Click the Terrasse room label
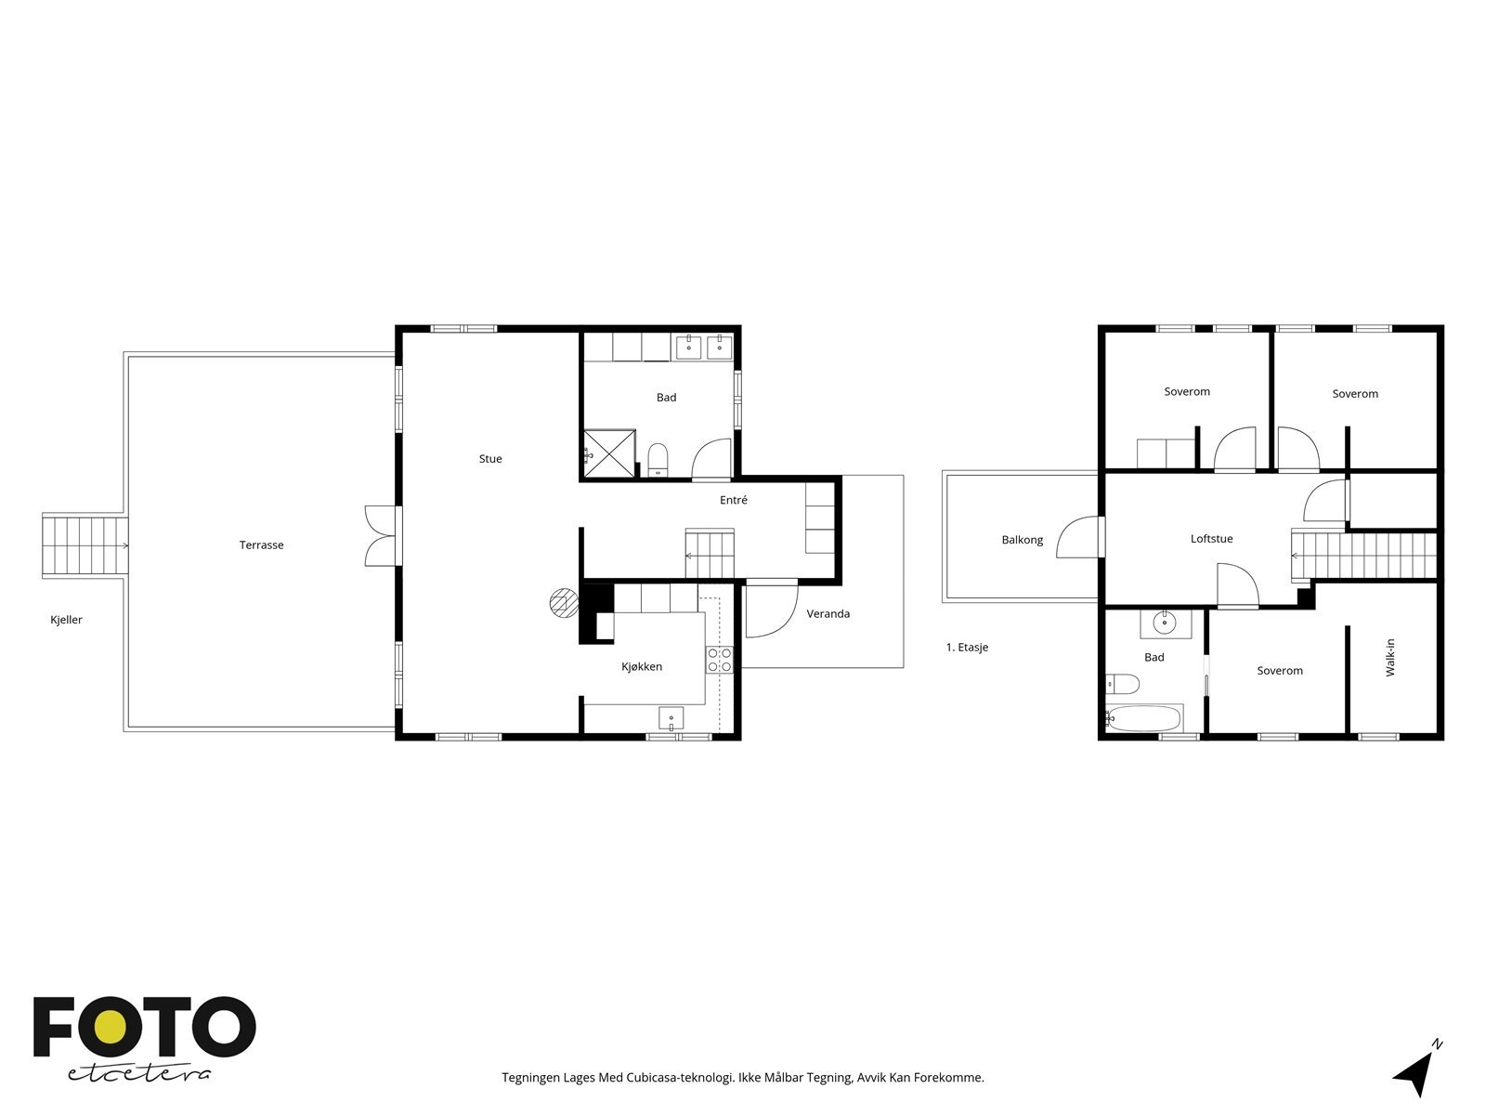click(261, 545)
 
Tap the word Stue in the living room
click(490, 459)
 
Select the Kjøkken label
click(642, 667)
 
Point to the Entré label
click(733, 500)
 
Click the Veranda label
click(828, 614)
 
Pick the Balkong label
click(1023, 540)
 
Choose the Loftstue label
click(1212, 539)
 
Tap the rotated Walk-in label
click(1389, 657)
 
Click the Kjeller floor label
click(66, 620)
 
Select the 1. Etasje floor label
click(967, 648)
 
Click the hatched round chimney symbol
click(564, 602)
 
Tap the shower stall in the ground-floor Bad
click(610, 453)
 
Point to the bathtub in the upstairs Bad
click(1143, 718)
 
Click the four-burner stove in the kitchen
click(720, 660)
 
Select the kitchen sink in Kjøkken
click(671, 717)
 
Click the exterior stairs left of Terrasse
click(85, 545)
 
